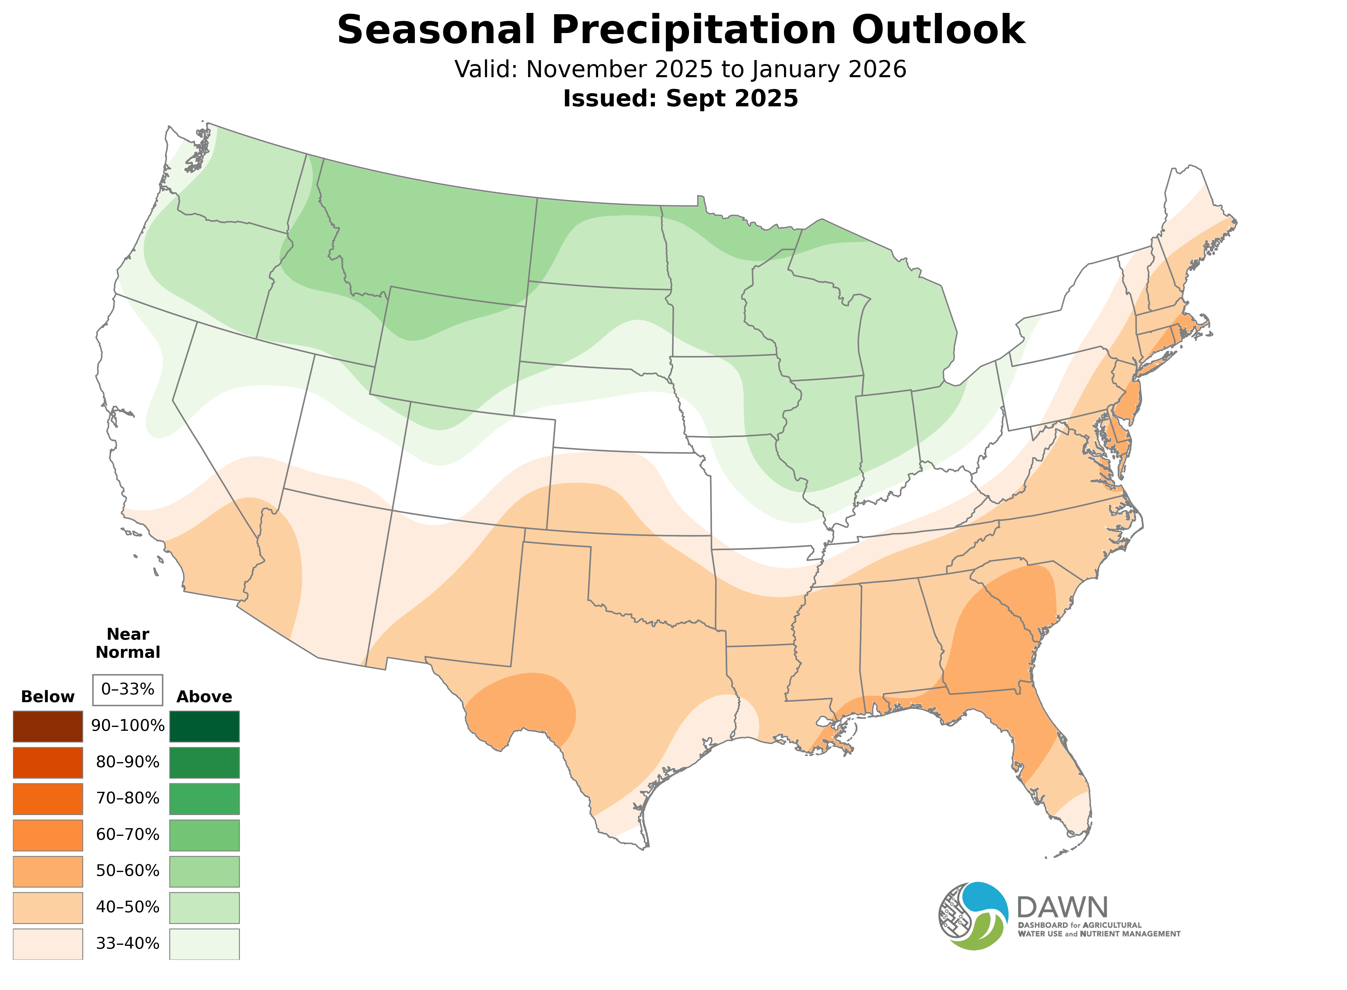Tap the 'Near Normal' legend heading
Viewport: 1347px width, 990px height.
coord(128,643)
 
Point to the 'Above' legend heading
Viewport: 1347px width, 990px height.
coord(204,697)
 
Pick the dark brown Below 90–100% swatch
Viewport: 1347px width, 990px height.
coord(48,726)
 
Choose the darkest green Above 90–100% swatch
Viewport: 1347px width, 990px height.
coord(204,726)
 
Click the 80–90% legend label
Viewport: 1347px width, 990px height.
coord(128,762)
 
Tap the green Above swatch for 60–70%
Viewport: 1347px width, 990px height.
coord(204,835)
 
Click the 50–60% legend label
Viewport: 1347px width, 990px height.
coord(128,871)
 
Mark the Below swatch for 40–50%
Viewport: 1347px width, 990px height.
coord(48,907)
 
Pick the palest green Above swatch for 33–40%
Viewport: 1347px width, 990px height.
coord(204,944)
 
